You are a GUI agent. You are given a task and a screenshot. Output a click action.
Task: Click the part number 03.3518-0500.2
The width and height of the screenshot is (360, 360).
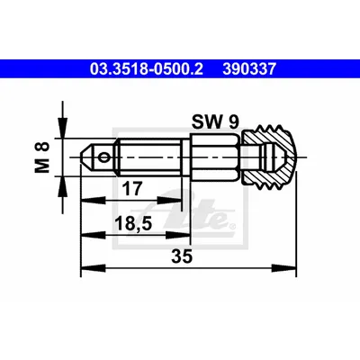[x=147, y=69]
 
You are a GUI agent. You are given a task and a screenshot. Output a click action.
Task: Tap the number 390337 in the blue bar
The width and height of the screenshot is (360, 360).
[x=249, y=69]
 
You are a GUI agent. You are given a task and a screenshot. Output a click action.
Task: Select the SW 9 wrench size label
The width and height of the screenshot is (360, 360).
[x=215, y=121]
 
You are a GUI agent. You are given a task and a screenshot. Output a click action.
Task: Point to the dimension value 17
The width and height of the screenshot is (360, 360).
[x=132, y=189]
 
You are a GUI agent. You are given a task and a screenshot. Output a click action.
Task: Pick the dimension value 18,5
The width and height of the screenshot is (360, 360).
[x=133, y=223]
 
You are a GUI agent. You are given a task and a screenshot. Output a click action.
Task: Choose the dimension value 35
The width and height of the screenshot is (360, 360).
[x=182, y=256]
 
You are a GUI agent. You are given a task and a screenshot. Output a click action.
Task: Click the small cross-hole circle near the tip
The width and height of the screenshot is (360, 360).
[x=104, y=157]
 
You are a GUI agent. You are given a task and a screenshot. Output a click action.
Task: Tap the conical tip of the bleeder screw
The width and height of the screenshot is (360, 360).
[x=87, y=157]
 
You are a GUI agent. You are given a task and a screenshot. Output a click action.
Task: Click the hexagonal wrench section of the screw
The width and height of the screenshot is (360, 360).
[x=215, y=157]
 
